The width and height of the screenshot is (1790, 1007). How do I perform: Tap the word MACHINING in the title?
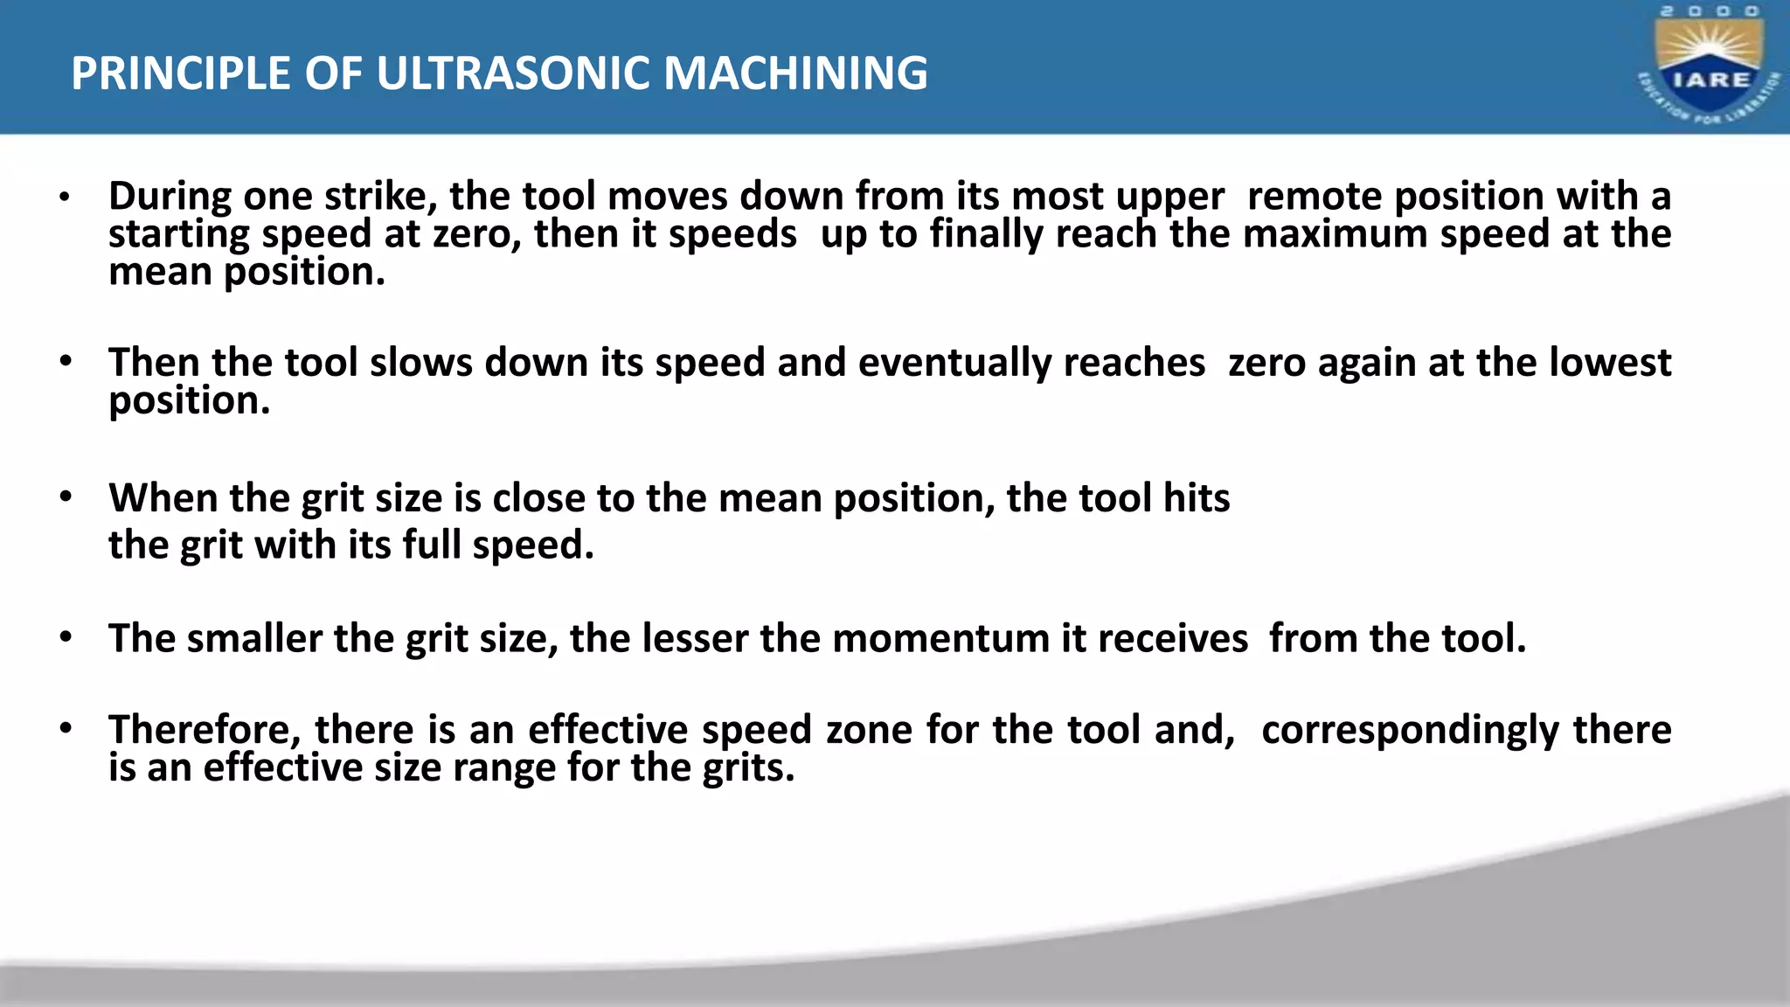tap(795, 73)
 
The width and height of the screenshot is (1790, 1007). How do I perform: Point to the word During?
tap(170, 196)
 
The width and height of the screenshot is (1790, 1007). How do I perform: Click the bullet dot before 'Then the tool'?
tap(66, 361)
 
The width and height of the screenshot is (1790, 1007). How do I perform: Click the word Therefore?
tap(205, 730)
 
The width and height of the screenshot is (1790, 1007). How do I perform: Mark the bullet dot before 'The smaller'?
tap(66, 637)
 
